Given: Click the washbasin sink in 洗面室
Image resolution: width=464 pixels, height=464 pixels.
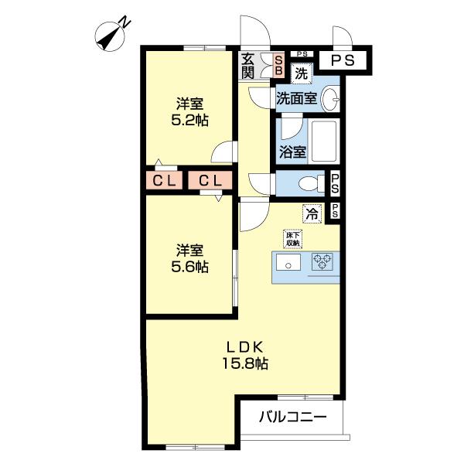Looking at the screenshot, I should point(330,98).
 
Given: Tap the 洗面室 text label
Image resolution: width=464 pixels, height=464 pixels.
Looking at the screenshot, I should point(296,98).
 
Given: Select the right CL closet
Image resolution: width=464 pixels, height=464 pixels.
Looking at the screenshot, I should point(210,181).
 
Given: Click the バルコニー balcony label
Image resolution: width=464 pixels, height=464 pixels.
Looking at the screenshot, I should point(292,417).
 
